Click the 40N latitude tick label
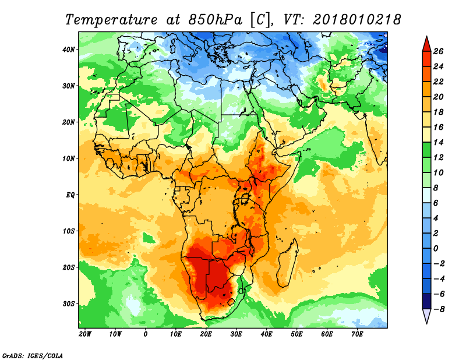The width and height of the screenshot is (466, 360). [68, 50]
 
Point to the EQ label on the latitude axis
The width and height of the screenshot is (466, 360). [70, 195]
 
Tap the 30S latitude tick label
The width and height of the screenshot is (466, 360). [69, 304]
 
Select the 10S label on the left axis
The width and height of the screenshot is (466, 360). [69, 231]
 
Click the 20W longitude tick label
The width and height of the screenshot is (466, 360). [85, 334]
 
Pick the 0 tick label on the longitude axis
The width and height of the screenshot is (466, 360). [145, 334]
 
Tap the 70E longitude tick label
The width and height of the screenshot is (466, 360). [357, 334]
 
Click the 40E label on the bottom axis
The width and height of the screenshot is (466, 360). [266, 334]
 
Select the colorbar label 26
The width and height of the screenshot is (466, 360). [438, 51]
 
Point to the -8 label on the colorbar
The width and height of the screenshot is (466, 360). [438, 309]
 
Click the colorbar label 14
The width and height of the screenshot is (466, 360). [438, 142]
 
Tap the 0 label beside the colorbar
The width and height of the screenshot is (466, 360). [436, 249]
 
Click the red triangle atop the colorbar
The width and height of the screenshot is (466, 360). [427, 45]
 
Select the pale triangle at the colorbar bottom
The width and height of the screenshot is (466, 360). [427, 315]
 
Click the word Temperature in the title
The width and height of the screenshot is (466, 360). [111, 20]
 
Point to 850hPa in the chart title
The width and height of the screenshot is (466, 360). [215, 20]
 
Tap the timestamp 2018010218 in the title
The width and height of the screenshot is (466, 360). [357, 20]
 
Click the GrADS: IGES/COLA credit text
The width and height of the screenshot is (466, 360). [33, 355]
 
